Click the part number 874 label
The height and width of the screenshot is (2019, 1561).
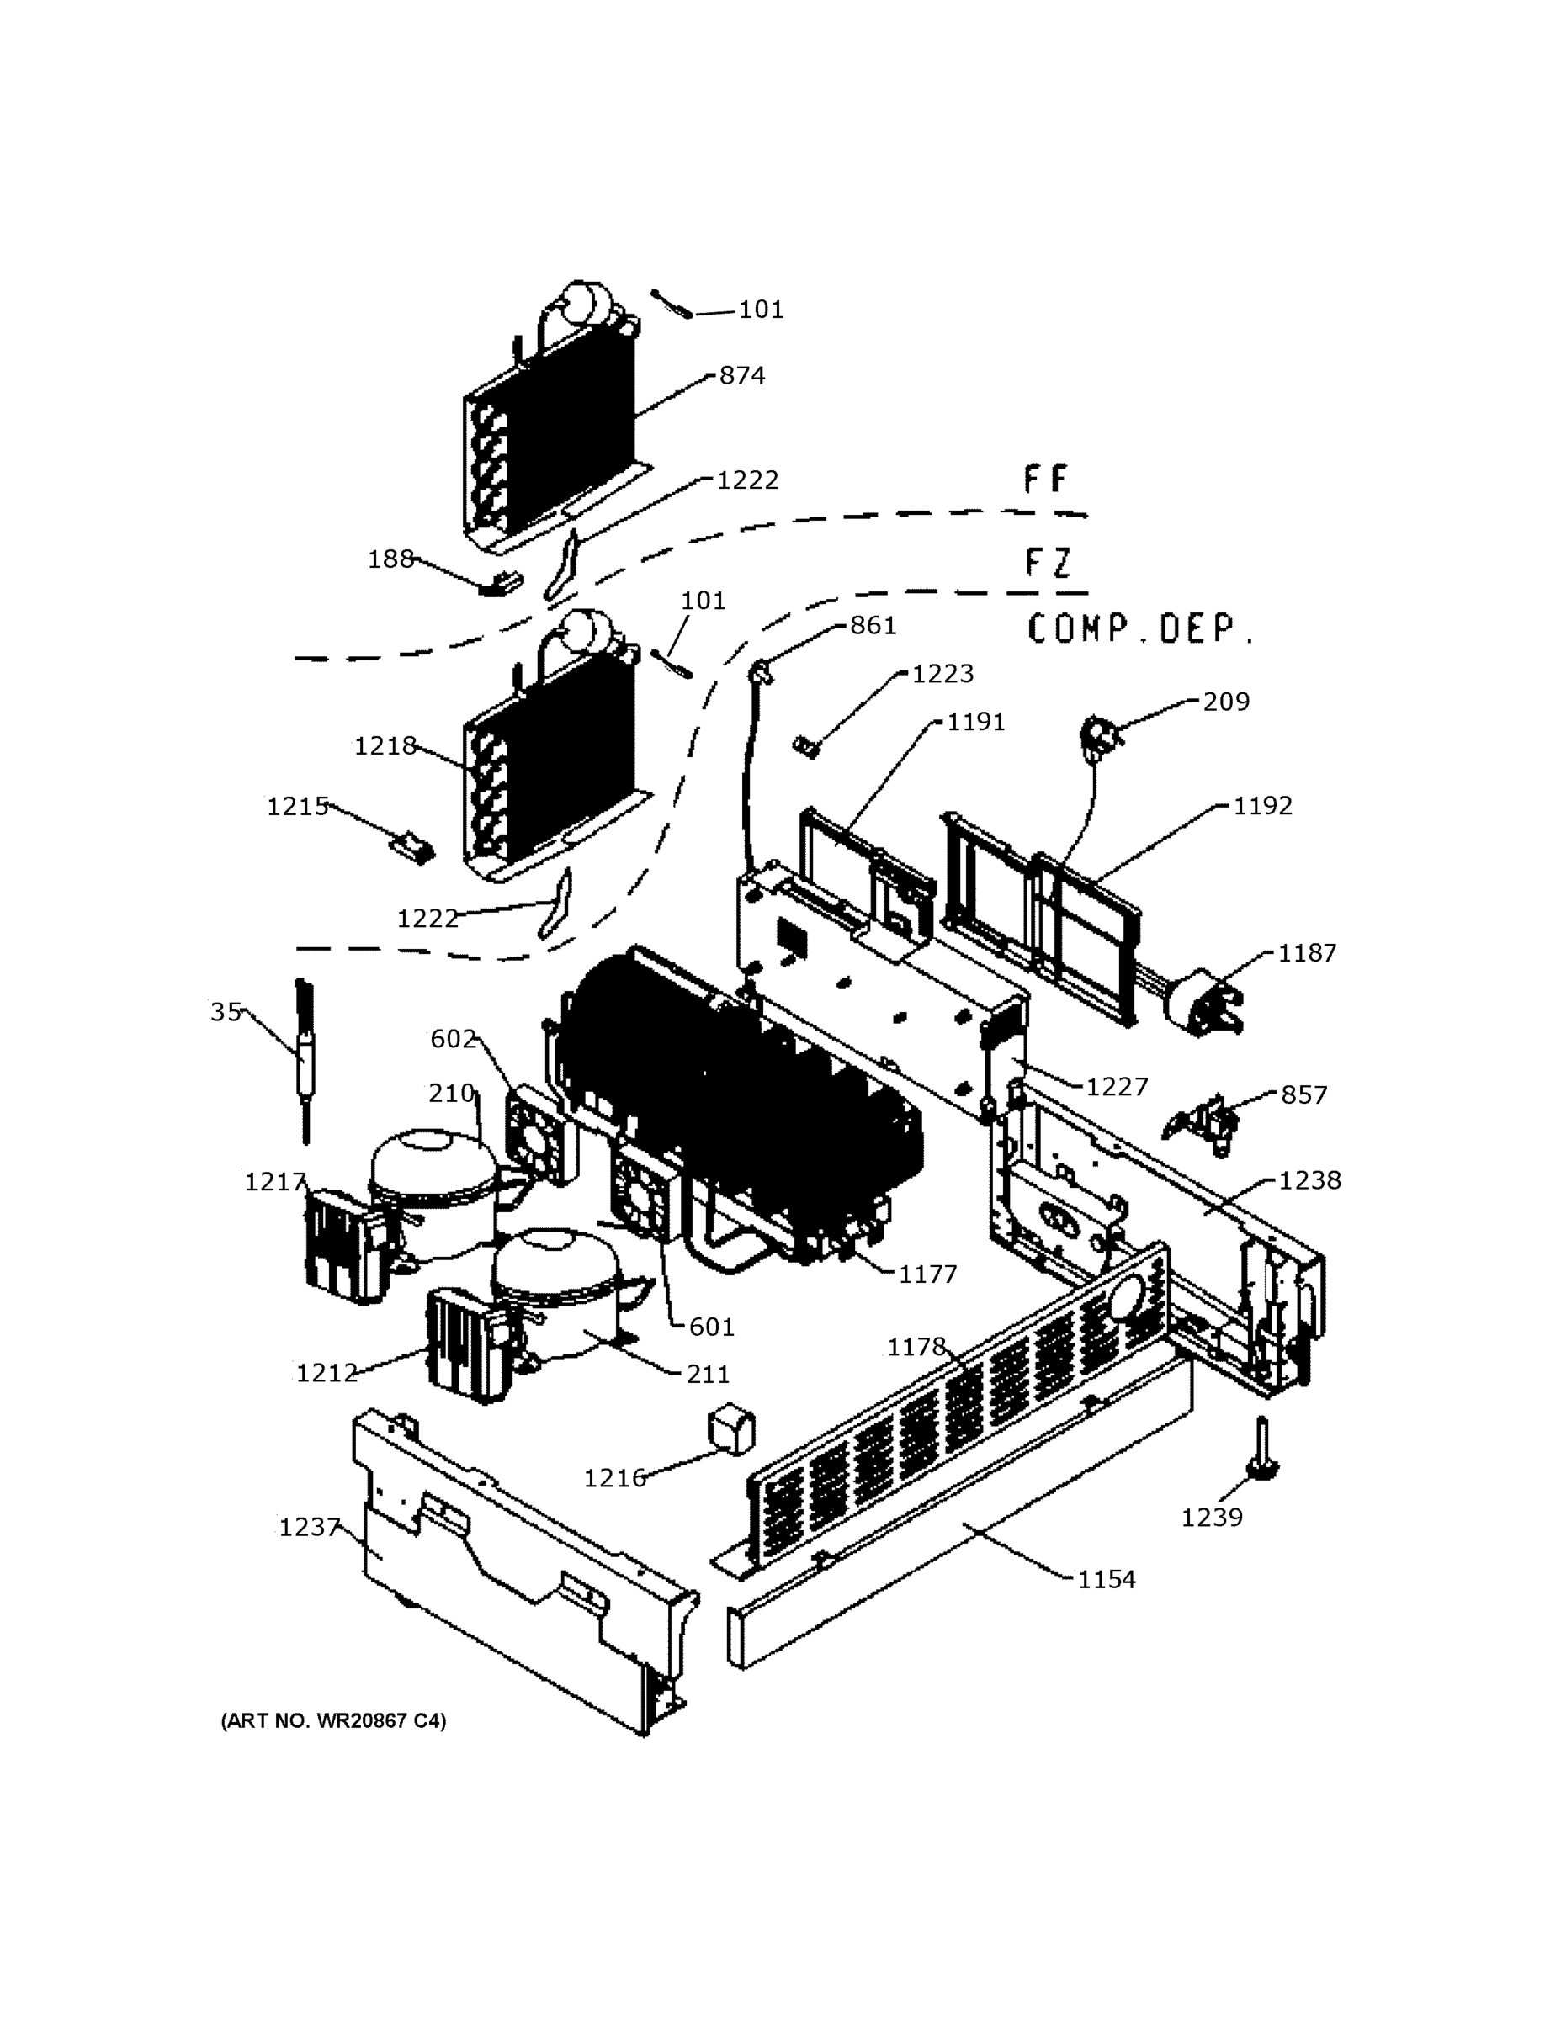point(742,376)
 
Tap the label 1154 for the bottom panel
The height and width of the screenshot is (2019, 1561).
point(1107,1580)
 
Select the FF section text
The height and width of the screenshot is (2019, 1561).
point(1046,480)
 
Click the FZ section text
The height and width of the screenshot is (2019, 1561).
point(1048,562)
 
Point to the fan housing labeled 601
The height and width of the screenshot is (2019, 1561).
point(642,1196)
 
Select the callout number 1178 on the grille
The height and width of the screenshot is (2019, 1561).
point(916,1347)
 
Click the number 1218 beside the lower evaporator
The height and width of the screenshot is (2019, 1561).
point(385,746)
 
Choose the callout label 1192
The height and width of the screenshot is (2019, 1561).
point(1262,806)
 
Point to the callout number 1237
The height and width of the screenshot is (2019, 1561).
point(309,1527)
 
